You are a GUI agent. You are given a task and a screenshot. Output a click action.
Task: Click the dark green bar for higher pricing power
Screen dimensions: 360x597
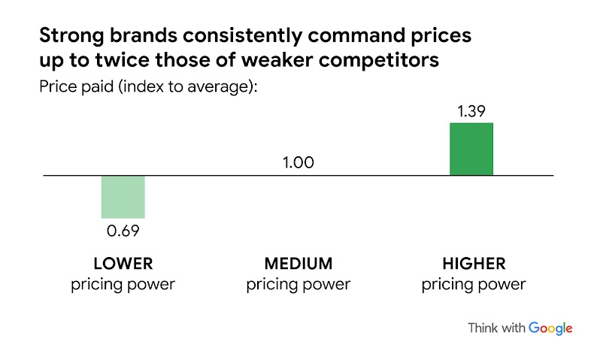click(471, 149)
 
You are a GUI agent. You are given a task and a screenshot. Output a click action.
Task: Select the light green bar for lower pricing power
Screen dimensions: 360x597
click(123, 197)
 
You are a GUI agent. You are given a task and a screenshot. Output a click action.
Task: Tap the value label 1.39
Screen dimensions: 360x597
click(471, 111)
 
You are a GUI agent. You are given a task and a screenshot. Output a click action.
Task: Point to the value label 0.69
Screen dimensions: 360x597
click(123, 230)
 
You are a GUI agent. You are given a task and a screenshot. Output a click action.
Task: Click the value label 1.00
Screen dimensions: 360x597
click(298, 163)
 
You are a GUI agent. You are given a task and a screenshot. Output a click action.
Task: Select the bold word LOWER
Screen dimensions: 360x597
click(123, 264)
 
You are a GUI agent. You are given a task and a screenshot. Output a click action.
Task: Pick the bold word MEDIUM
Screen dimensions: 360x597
click(298, 264)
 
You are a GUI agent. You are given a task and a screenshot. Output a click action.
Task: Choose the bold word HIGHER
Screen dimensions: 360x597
click(473, 264)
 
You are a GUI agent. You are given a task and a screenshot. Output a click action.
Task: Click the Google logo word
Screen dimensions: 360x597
click(550, 328)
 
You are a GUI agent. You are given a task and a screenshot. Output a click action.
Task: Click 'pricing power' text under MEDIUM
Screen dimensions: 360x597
click(298, 284)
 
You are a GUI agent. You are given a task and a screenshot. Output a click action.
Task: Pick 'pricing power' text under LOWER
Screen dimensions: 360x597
click(123, 284)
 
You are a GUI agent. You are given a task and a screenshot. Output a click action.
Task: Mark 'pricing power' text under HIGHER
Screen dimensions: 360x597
click(473, 284)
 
